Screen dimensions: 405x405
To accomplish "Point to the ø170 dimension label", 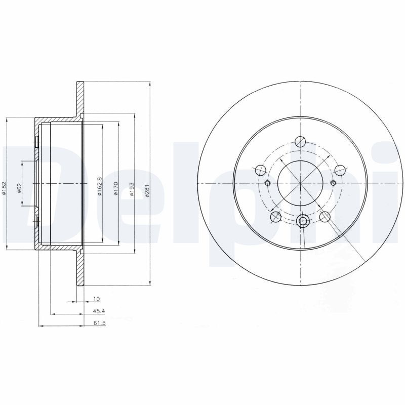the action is coord(115,188).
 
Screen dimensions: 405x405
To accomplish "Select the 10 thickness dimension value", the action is coord(96,299).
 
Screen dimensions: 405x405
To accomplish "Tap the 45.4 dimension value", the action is coord(99,311).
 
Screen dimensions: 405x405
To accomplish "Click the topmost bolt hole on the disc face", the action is coord(300,142).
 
